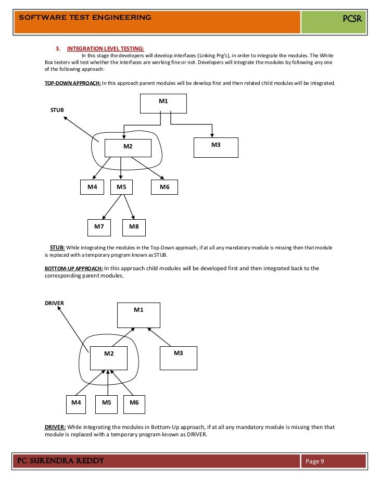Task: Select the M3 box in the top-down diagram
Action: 216,147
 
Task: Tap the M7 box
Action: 99,227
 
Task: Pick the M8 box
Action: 134,227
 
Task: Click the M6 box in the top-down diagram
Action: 165,187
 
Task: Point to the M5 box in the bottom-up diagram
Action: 107,403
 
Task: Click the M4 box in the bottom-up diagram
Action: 76,403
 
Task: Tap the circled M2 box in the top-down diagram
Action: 128,147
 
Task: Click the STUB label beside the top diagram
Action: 57,110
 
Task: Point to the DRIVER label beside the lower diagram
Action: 54,303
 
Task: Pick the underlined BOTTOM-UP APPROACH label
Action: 74,268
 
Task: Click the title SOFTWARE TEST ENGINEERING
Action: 85,17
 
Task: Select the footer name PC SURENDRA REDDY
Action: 61,461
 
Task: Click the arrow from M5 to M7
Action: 111,207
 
